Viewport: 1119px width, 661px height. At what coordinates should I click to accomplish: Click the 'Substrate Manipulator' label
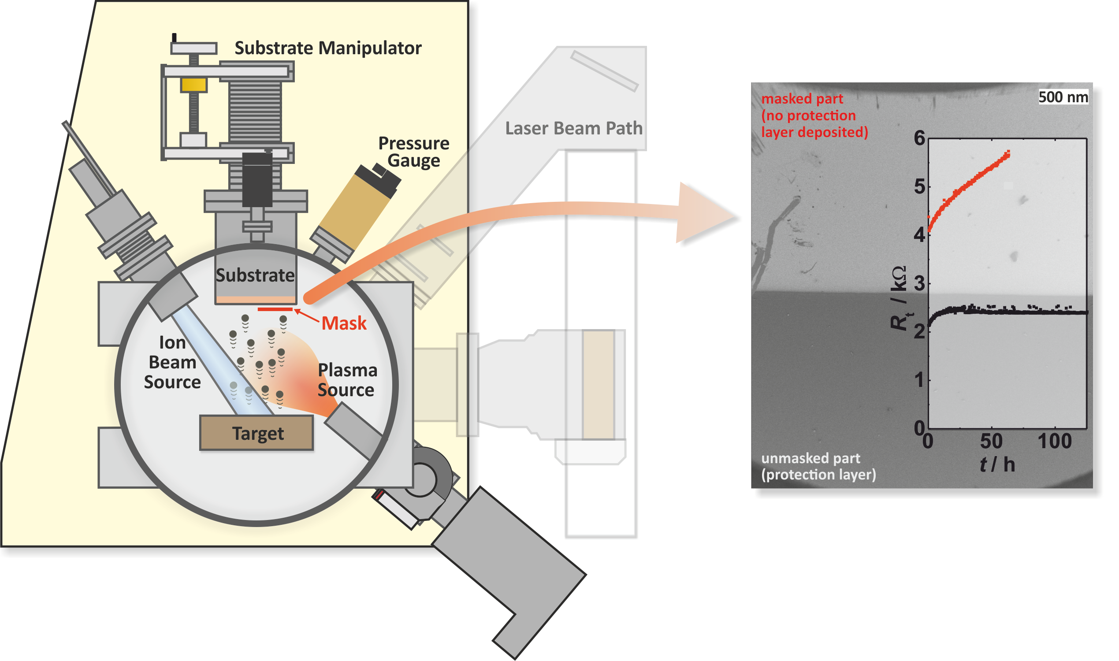point(328,48)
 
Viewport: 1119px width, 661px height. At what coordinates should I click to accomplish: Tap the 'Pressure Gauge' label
point(414,152)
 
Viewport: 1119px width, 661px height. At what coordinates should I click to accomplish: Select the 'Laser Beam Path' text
point(574,128)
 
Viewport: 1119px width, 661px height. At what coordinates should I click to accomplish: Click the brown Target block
point(257,433)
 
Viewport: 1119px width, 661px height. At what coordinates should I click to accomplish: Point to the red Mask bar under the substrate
point(275,309)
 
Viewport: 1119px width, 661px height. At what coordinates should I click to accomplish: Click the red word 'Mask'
point(344,323)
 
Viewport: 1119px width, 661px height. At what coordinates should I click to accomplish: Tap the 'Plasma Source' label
point(347,380)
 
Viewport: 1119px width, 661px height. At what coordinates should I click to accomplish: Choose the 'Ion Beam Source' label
point(172,363)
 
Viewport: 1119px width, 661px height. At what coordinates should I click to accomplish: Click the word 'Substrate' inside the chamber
point(255,276)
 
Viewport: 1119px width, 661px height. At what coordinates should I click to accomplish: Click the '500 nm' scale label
point(1063,97)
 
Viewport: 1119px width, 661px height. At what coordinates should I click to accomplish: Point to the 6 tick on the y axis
point(919,138)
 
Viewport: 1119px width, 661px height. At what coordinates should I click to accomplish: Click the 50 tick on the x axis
point(991,442)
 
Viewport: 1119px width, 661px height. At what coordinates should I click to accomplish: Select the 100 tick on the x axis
point(1054,442)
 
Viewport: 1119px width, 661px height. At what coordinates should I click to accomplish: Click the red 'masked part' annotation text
point(802,99)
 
